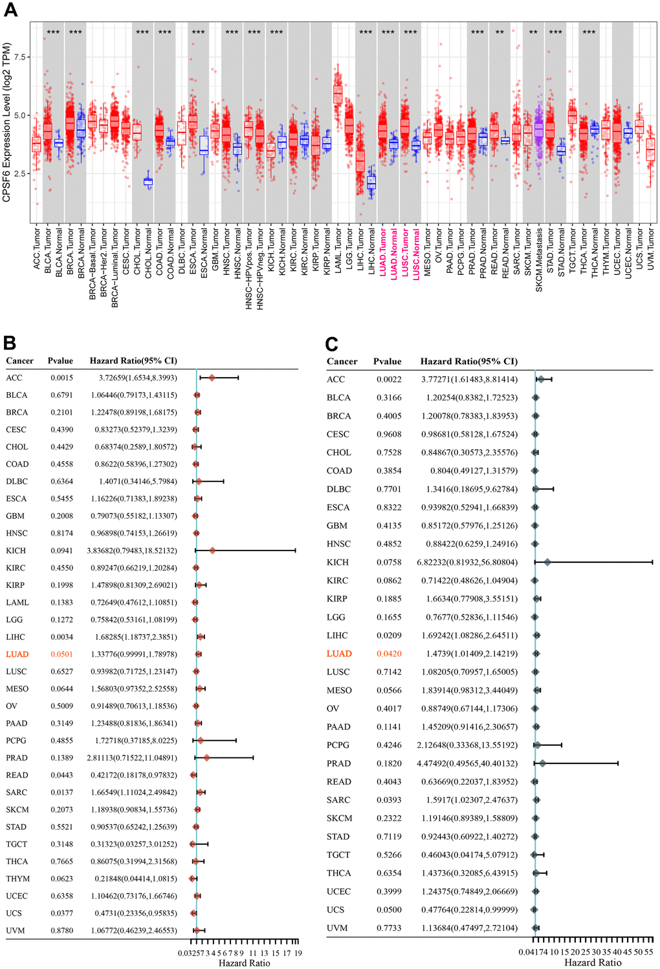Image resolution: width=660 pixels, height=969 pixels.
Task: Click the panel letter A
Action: click(x=10, y=10)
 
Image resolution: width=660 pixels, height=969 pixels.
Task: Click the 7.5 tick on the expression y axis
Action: click(x=21, y=57)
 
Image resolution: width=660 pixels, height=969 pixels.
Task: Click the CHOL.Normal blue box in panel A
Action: click(x=148, y=182)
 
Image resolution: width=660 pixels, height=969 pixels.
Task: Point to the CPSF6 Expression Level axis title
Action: click(x=7, y=123)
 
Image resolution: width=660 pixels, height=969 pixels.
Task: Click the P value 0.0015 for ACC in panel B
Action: click(x=62, y=378)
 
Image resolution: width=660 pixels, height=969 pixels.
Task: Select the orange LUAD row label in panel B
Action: click(x=17, y=655)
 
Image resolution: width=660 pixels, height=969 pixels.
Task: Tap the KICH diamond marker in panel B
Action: click(x=212, y=550)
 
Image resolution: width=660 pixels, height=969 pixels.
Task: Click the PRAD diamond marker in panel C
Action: click(x=542, y=763)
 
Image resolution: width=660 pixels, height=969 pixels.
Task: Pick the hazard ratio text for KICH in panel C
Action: click(x=467, y=562)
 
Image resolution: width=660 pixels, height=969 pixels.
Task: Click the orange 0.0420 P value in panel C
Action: click(x=389, y=654)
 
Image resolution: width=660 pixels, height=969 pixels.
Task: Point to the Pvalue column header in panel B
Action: click(x=60, y=360)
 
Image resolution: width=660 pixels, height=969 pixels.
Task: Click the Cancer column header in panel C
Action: click(x=342, y=362)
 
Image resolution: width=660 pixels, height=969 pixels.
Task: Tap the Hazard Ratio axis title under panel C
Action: click(x=593, y=963)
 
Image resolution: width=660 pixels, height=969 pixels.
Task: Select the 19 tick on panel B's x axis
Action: click(x=298, y=953)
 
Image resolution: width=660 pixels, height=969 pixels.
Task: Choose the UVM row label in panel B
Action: click(x=16, y=930)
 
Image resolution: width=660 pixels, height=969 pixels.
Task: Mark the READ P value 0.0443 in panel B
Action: click(x=62, y=775)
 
